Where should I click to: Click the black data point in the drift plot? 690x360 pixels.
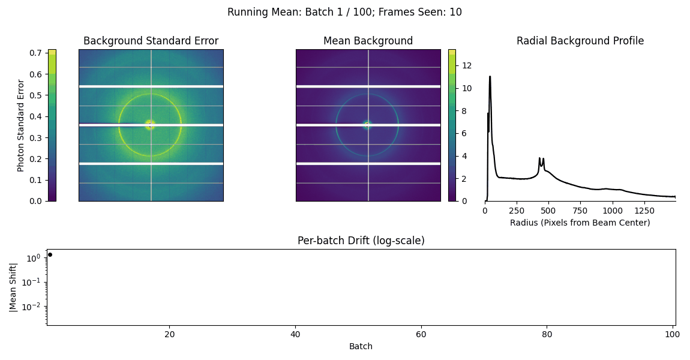(x=50, y=255)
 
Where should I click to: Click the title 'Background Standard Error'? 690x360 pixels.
(x=151, y=41)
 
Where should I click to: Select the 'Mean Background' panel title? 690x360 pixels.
(x=368, y=41)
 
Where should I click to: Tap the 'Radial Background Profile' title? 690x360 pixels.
(x=580, y=41)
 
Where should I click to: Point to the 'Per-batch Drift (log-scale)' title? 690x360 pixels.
(x=361, y=240)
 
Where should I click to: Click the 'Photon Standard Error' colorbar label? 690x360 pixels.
(x=20, y=125)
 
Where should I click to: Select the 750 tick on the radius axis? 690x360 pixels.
(x=580, y=211)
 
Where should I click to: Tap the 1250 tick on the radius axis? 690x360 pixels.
(x=644, y=211)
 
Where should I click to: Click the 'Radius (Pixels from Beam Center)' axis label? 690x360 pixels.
(x=580, y=223)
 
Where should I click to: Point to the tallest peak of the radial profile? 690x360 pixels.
(x=490, y=77)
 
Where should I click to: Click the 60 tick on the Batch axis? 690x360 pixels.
(x=421, y=334)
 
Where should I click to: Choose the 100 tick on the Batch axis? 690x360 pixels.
(x=673, y=334)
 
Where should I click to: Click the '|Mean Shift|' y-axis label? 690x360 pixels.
(x=13, y=288)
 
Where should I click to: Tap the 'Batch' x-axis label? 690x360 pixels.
(x=361, y=346)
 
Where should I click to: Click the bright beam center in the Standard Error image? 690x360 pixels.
(x=151, y=125)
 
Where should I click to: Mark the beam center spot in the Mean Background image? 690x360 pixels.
(x=367, y=125)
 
